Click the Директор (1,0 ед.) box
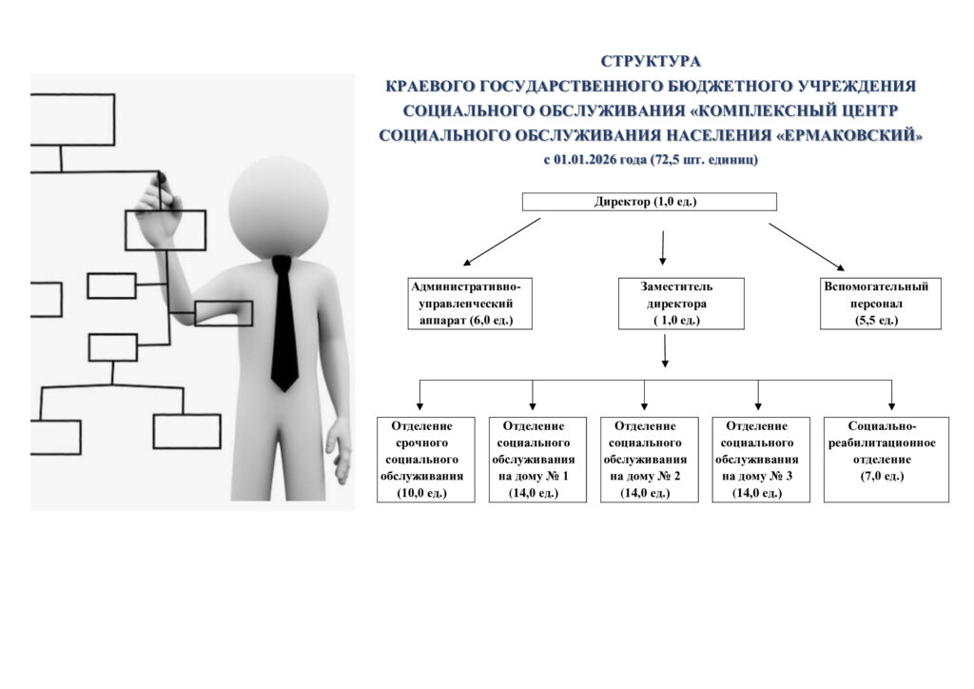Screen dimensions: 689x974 click(650, 202)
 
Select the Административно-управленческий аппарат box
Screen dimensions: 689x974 click(466, 303)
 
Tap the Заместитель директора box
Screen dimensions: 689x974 click(680, 303)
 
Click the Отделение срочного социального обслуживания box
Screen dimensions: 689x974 click(425, 460)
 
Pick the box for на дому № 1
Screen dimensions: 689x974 click(533, 460)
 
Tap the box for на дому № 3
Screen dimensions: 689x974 click(758, 460)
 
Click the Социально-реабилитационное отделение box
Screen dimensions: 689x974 click(886, 460)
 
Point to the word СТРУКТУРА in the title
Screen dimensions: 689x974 click(651, 62)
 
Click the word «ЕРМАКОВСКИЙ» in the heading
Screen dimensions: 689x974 click(849, 135)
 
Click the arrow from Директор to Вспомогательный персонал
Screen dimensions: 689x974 click(805, 246)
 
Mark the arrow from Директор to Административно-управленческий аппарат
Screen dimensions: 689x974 click(502, 242)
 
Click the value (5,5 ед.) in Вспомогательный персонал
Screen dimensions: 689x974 click(876, 321)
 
